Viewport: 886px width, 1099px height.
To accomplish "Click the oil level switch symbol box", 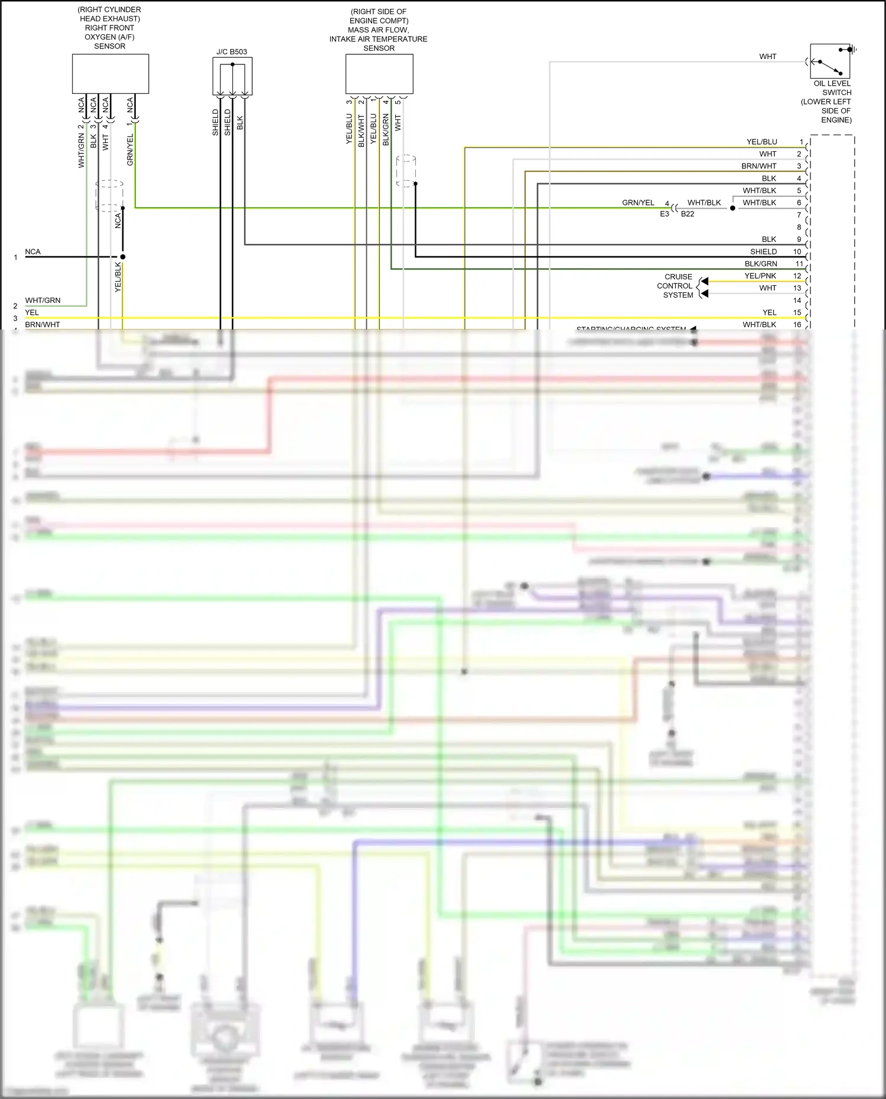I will click(830, 61).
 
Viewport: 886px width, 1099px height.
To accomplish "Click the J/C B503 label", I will click(232, 52).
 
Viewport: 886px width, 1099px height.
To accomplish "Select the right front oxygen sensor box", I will click(110, 74).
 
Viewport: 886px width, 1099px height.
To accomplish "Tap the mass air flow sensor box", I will click(379, 74).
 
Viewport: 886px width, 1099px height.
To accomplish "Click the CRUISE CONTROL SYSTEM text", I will click(677, 286).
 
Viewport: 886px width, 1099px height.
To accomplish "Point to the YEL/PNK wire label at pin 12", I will click(760, 276).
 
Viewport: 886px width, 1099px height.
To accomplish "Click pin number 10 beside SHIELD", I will click(797, 252).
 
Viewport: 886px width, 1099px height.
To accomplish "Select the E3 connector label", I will click(664, 214).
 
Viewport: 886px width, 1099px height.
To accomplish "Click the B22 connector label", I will click(688, 214).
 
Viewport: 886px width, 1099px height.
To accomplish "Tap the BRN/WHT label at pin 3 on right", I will click(759, 166).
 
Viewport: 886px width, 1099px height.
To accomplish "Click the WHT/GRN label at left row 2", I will click(43, 300).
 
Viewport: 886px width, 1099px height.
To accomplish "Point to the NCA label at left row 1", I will click(32, 252).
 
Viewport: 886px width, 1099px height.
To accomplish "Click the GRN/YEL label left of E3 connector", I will click(638, 203).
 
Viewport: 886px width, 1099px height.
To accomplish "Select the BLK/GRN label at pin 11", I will click(761, 263).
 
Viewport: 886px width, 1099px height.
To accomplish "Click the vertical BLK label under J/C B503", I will click(240, 122).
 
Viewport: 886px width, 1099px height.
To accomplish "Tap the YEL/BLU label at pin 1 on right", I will click(761, 142).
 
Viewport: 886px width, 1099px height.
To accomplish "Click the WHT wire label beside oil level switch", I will click(767, 57).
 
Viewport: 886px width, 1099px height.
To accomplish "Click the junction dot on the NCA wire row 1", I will click(123, 257).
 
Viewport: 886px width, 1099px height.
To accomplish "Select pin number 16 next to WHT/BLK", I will click(797, 324).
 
